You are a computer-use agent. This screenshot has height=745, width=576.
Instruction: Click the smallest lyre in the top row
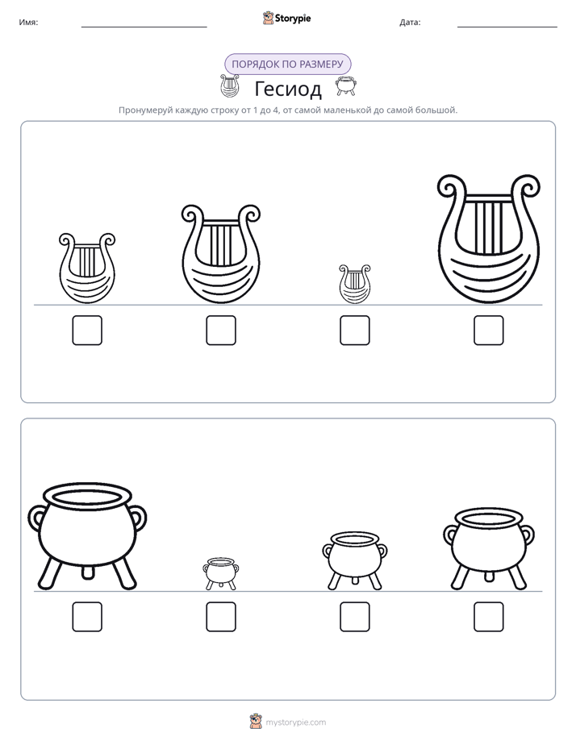(x=354, y=284)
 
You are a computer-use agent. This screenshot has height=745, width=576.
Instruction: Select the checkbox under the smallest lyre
(x=354, y=331)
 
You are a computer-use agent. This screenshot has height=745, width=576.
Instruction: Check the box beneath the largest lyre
(x=489, y=331)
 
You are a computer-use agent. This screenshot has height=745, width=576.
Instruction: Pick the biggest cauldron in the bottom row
(x=87, y=537)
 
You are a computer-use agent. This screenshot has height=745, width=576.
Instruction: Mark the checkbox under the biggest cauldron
(x=87, y=617)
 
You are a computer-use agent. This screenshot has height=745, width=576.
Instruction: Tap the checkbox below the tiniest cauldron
(x=221, y=617)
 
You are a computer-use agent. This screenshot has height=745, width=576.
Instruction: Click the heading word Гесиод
(x=288, y=89)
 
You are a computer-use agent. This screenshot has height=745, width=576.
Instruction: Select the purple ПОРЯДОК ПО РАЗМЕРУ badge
(x=287, y=65)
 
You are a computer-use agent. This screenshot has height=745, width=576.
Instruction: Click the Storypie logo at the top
(x=286, y=18)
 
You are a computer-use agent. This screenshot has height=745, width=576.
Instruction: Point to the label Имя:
(x=28, y=23)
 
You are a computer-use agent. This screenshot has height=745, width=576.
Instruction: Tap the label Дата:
(x=410, y=23)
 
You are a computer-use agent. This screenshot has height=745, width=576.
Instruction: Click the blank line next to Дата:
(x=507, y=27)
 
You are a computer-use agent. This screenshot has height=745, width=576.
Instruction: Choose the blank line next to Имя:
(x=144, y=27)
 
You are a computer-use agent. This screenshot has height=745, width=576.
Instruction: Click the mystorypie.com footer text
(x=295, y=722)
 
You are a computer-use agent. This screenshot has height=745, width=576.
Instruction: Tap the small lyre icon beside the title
(x=230, y=85)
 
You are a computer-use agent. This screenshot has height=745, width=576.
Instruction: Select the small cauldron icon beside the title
(x=346, y=86)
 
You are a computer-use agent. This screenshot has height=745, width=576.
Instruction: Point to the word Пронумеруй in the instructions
(x=145, y=110)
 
